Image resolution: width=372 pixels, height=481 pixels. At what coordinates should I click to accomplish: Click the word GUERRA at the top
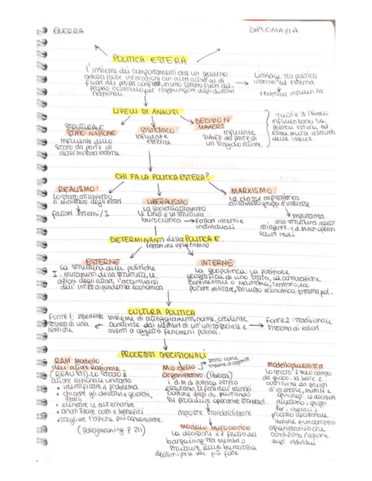pos(67,31)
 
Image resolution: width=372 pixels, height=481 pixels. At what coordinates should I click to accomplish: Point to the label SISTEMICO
pos(154,130)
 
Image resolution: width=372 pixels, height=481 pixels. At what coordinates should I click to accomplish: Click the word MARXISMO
pos(253,189)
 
